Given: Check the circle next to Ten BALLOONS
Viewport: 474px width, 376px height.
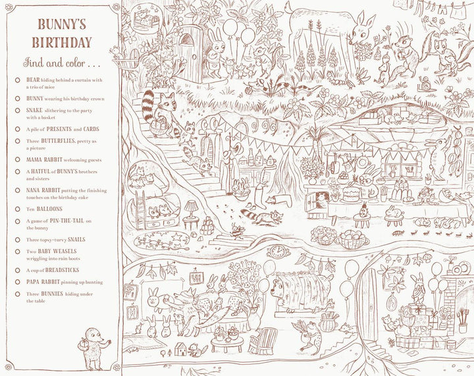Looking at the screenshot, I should (x=18, y=208).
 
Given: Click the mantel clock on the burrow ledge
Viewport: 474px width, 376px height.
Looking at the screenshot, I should (x=279, y=251).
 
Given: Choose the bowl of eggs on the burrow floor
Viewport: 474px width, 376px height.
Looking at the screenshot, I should (x=354, y=238).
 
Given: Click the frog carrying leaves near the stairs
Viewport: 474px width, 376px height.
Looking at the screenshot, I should (x=307, y=337).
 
